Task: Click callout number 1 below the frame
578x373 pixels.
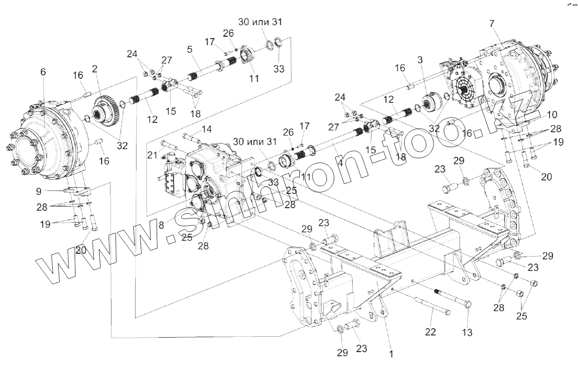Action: (x=391, y=354)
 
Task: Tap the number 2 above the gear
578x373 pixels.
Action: (x=95, y=69)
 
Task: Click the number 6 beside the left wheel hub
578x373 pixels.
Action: (x=43, y=72)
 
